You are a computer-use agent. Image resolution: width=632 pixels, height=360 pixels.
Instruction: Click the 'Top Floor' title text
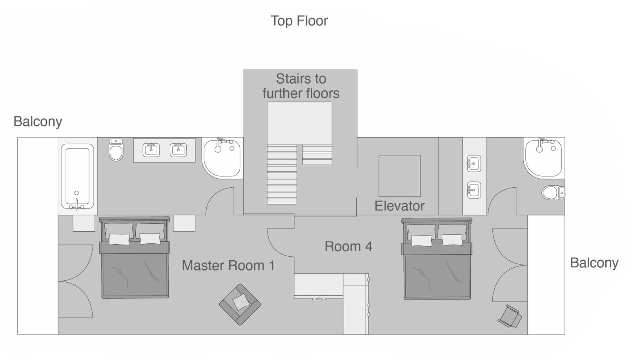[299, 21]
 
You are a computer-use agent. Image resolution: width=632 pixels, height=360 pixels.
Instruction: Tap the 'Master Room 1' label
[228, 266]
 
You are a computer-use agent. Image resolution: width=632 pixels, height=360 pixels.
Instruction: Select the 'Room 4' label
[348, 247]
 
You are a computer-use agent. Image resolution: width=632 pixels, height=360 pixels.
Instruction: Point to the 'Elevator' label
[399, 206]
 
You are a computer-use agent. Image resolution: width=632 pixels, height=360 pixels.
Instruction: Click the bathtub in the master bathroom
[77, 176]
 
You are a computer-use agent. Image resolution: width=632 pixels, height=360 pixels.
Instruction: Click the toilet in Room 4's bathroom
[553, 193]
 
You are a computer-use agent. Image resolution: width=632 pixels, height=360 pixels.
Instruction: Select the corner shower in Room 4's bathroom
[543, 157]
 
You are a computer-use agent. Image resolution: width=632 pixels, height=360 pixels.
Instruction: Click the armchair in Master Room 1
[240, 304]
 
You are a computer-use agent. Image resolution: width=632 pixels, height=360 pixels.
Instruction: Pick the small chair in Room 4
[510, 316]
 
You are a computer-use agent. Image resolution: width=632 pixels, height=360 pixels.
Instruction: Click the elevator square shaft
[399, 175]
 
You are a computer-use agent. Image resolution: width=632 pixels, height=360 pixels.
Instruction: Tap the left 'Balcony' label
[38, 122]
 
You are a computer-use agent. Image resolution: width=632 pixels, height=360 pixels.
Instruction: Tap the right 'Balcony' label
[594, 263]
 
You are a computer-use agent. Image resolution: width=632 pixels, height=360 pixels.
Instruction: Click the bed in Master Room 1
[135, 259]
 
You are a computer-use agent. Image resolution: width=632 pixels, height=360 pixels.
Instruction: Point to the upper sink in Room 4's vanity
[474, 163]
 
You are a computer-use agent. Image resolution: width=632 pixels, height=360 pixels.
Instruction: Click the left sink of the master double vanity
[151, 150]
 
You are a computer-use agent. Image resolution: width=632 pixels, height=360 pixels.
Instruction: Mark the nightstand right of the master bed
[184, 223]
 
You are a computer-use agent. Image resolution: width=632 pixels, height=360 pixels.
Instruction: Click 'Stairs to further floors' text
[301, 86]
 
